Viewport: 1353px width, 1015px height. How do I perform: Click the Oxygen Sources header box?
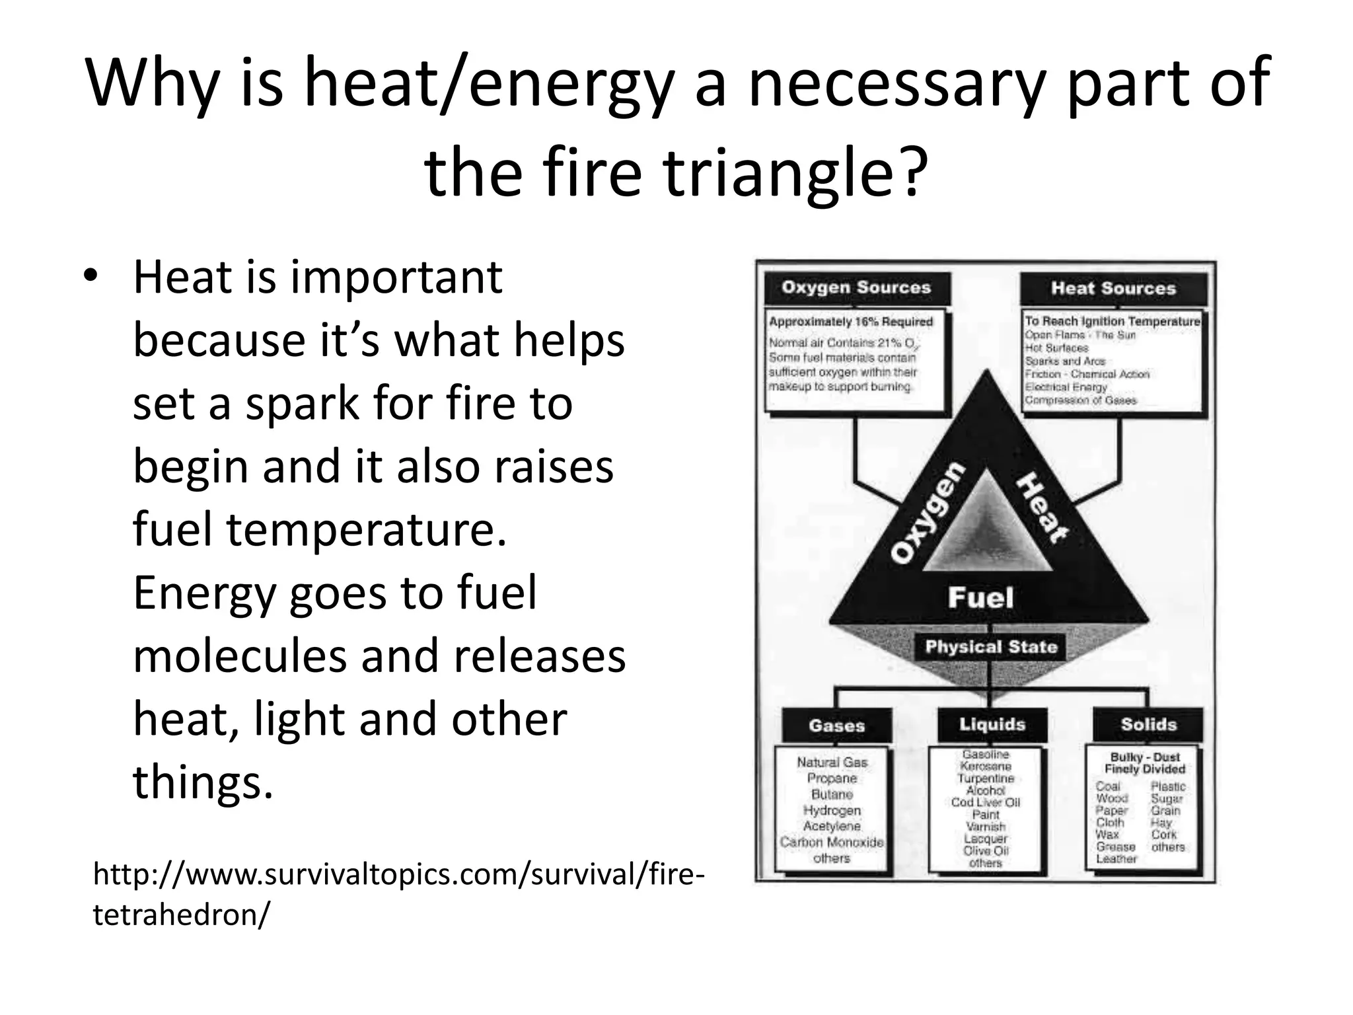pos(856,288)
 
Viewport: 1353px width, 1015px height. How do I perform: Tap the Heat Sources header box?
pos(1113,289)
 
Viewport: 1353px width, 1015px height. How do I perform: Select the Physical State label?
pos(991,647)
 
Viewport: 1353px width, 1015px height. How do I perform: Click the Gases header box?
pos(836,726)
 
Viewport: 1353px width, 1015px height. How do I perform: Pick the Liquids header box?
pos(992,725)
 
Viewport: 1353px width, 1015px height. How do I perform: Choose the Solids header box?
pos(1148,725)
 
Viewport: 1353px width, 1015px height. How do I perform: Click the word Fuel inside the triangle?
pos(980,598)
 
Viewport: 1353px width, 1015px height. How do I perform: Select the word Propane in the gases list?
pos(832,778)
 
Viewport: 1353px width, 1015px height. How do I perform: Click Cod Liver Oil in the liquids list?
pos(985,802)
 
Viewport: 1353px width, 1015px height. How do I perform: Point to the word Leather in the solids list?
pos(1116,859)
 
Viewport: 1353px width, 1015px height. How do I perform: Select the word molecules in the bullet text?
pos(240,656)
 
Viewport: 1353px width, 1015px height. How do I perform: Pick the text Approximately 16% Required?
pos(851,322)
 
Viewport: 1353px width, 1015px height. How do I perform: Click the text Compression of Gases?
pos(1080,400)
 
